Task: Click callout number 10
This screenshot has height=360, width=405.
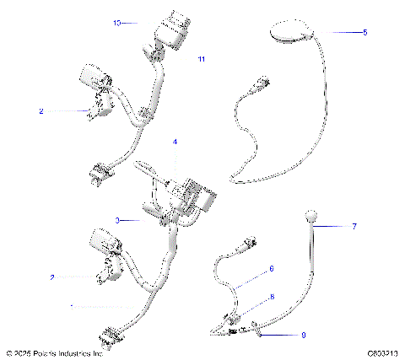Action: tap(116, 24)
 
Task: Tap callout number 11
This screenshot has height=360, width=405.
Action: tap(201, 59)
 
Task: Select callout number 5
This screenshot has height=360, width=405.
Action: tap(364, 32)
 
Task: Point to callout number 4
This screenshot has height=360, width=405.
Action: tap(175, 142)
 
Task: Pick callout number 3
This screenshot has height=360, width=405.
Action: tap(118, 220)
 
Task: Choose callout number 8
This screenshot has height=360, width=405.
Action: tap(271, 297)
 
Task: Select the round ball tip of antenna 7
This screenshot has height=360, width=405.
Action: tap(312, 218)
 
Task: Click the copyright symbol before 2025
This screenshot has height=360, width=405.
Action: tap(8, 354)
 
